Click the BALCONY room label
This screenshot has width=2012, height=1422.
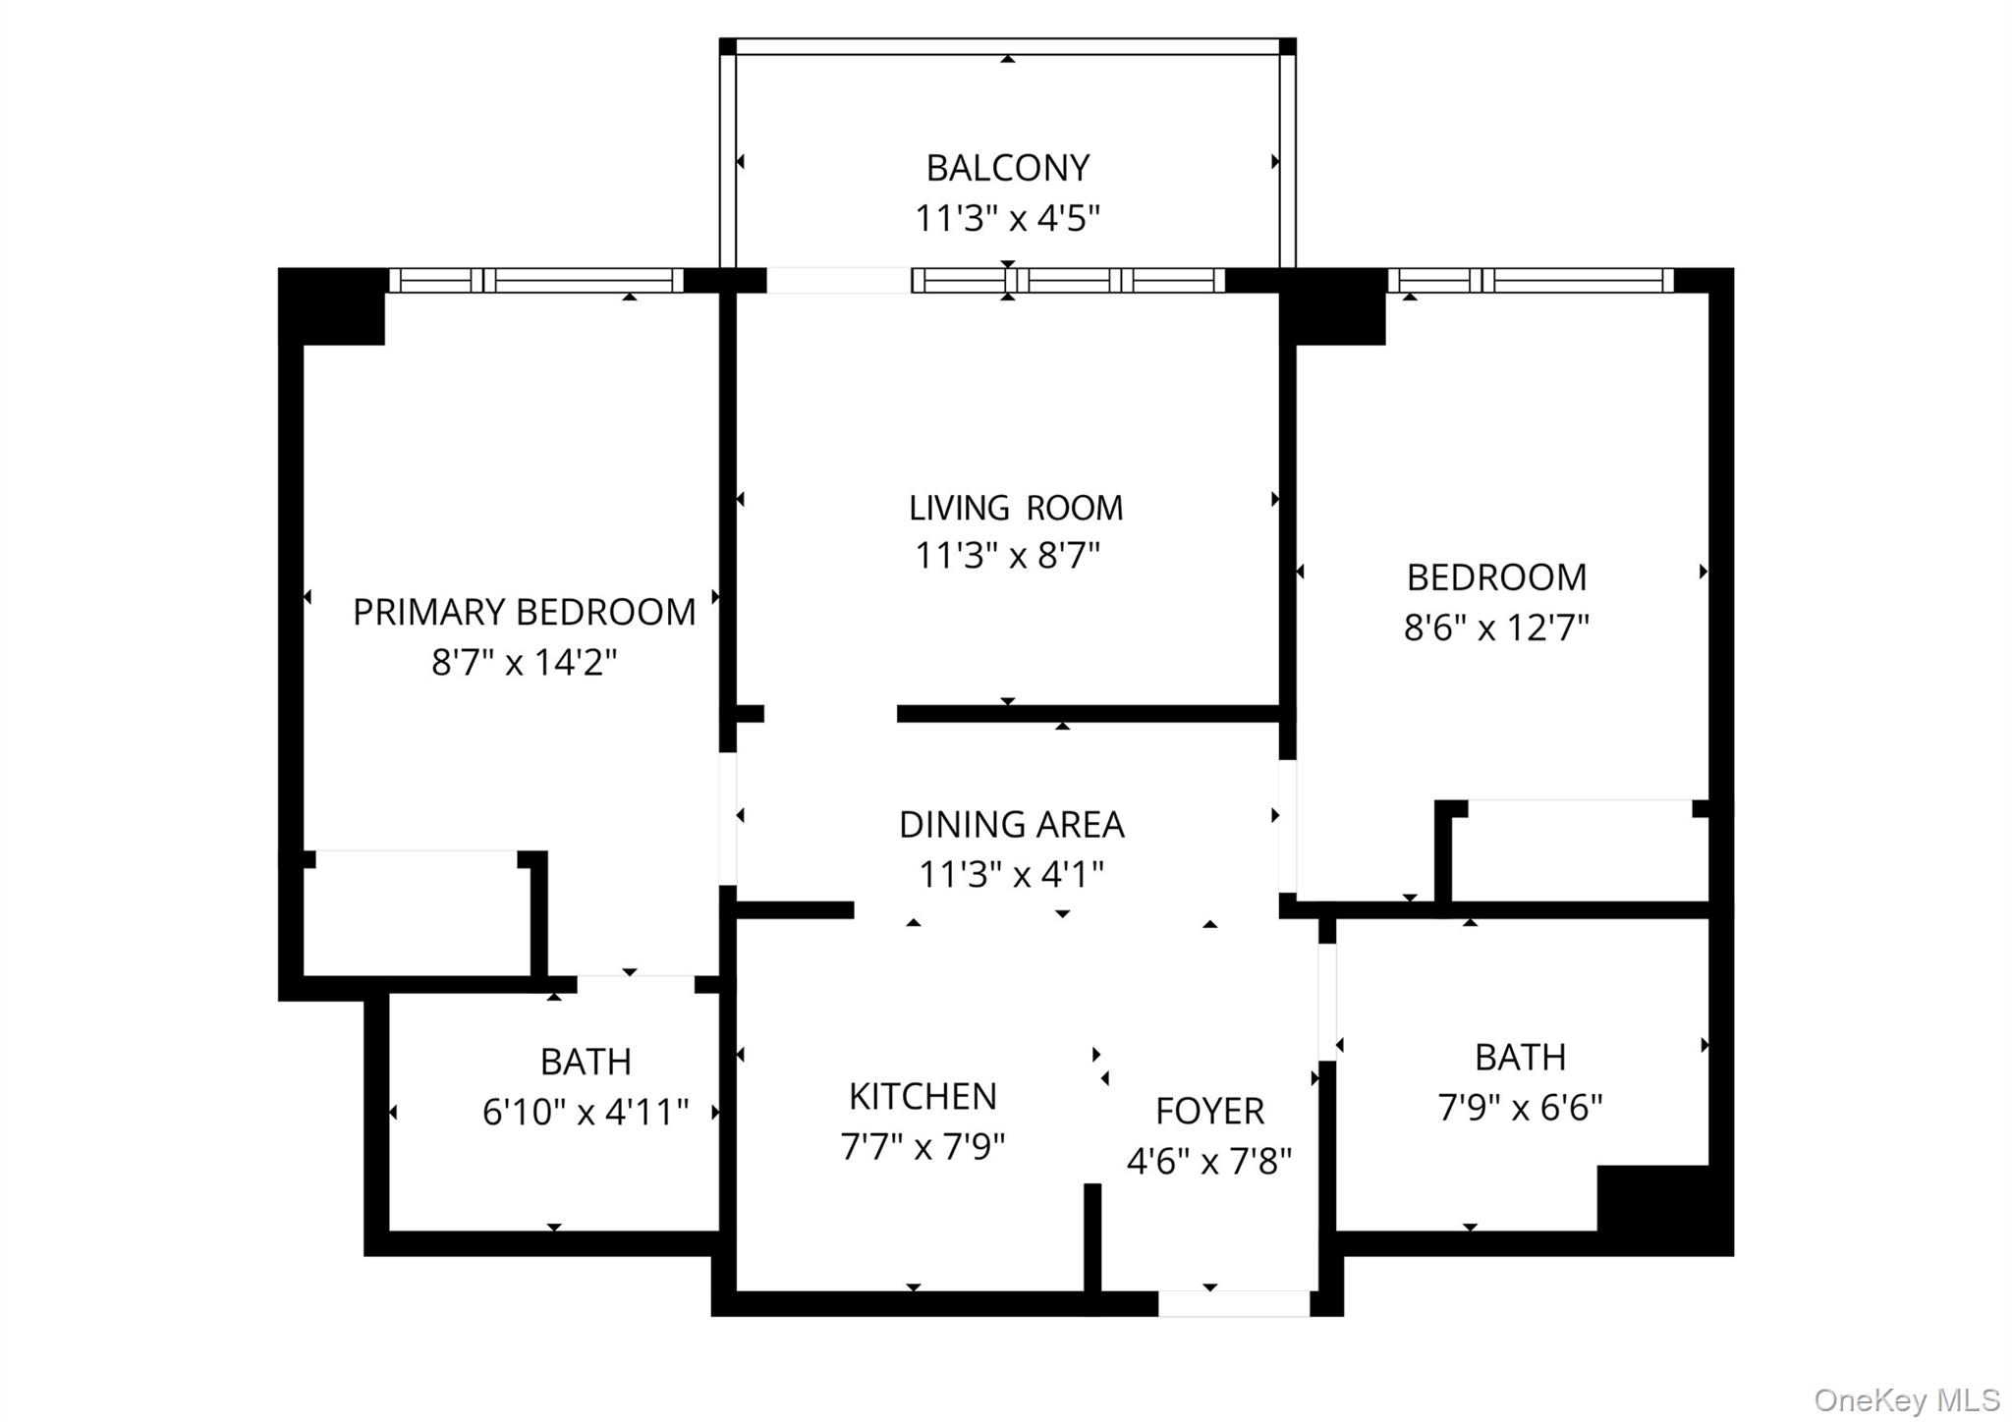[1008, 168]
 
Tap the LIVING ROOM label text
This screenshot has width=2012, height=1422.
[1015, 508]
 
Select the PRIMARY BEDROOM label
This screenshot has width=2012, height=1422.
[524, 612]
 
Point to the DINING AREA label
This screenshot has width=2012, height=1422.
[1012, 824]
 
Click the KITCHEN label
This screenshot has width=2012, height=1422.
[922, 1096]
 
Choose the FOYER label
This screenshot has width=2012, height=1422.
[1209, 1111]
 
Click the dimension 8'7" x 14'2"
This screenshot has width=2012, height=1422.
[524, 662]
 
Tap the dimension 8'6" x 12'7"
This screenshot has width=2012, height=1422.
[1496, 627]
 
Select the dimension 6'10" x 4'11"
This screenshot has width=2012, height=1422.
[586, 1112]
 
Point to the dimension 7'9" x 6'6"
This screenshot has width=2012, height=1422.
[1520, 1108]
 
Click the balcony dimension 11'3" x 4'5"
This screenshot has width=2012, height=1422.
[1008, 218]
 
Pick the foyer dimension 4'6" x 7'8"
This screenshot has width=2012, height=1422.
[1209, 1162]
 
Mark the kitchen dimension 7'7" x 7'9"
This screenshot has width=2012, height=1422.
[922, 1146]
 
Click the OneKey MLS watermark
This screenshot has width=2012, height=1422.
[1907, 1399]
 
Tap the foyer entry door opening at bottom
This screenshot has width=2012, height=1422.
[1234, 1303]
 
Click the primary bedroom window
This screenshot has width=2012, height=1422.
[536, 280]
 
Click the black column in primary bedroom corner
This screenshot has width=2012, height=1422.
[331, 306]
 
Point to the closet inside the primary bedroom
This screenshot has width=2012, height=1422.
[417, 913]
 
